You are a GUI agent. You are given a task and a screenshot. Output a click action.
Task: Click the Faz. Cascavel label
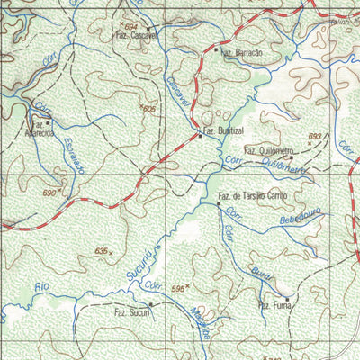[x=134, y=37]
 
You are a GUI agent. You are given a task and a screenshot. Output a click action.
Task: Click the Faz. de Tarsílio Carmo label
[x=252, y=195]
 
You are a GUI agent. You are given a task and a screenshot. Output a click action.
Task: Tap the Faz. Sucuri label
[x=130, y=312]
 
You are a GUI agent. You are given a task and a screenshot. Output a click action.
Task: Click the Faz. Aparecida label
[x=42, y=128]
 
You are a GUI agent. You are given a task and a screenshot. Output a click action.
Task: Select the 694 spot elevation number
[x=132, y=28]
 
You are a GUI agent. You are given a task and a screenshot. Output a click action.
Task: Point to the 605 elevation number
[x=148, y=108]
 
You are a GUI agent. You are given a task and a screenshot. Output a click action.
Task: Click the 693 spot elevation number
[x=314, y=136]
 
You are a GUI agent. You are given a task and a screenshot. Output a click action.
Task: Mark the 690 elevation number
[x=49, y=192]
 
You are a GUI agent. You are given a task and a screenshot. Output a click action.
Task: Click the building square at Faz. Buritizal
[x=199, y=137]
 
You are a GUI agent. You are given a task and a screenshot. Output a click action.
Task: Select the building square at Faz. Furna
[x=287, y=298]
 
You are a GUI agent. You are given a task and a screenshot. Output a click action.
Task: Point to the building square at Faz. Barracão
[x=215, y=50]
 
